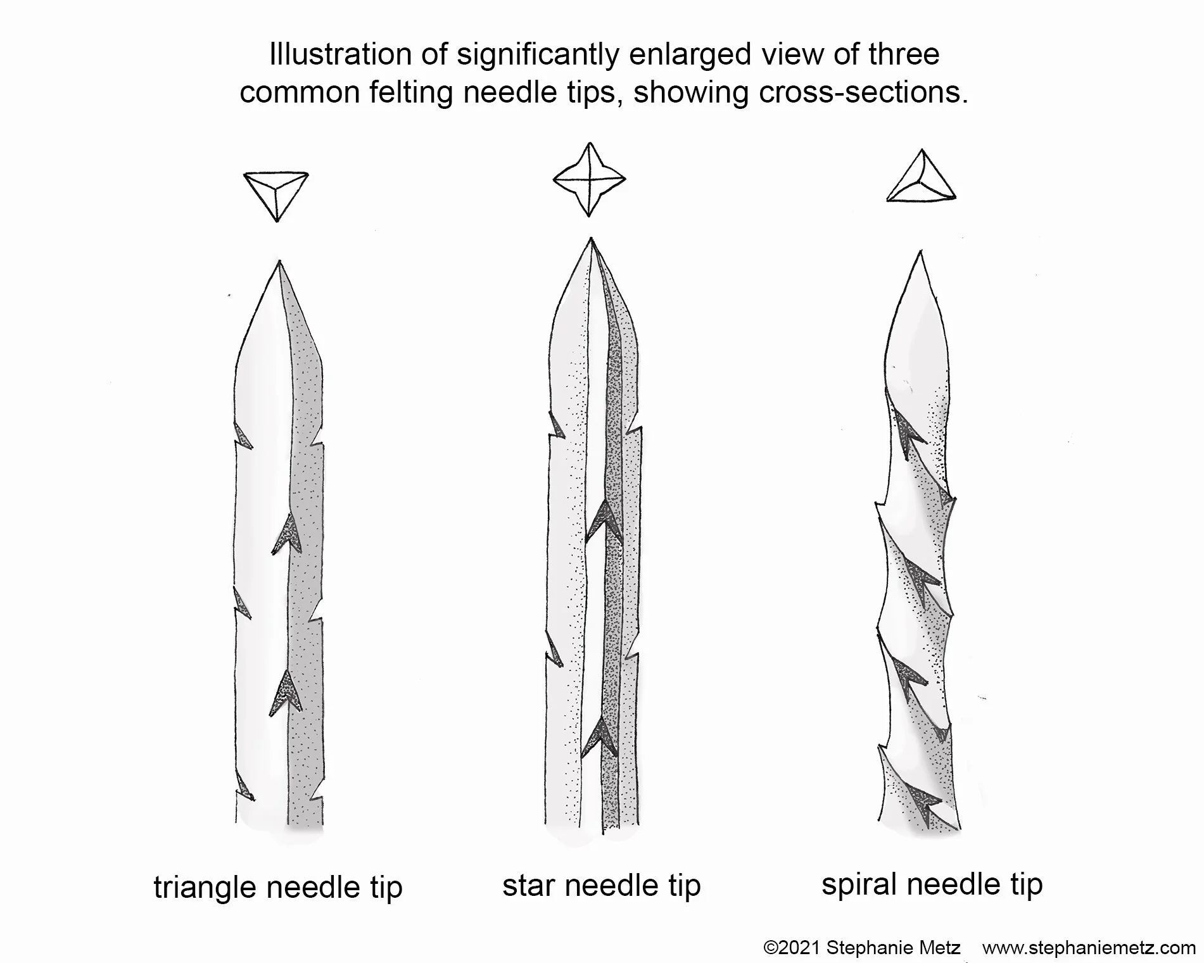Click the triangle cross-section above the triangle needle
point(276,192)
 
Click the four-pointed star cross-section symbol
point(590,179)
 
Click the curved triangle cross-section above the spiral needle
point(922,180)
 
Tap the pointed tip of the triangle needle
point(279,263)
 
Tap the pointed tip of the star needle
point(591,239)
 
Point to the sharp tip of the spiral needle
point(920,253)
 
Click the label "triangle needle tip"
point(278,887)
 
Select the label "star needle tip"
point(602,884)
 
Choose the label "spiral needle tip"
point(932,883)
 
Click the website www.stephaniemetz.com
point(1089,948)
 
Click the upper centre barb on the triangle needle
point(286,532)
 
